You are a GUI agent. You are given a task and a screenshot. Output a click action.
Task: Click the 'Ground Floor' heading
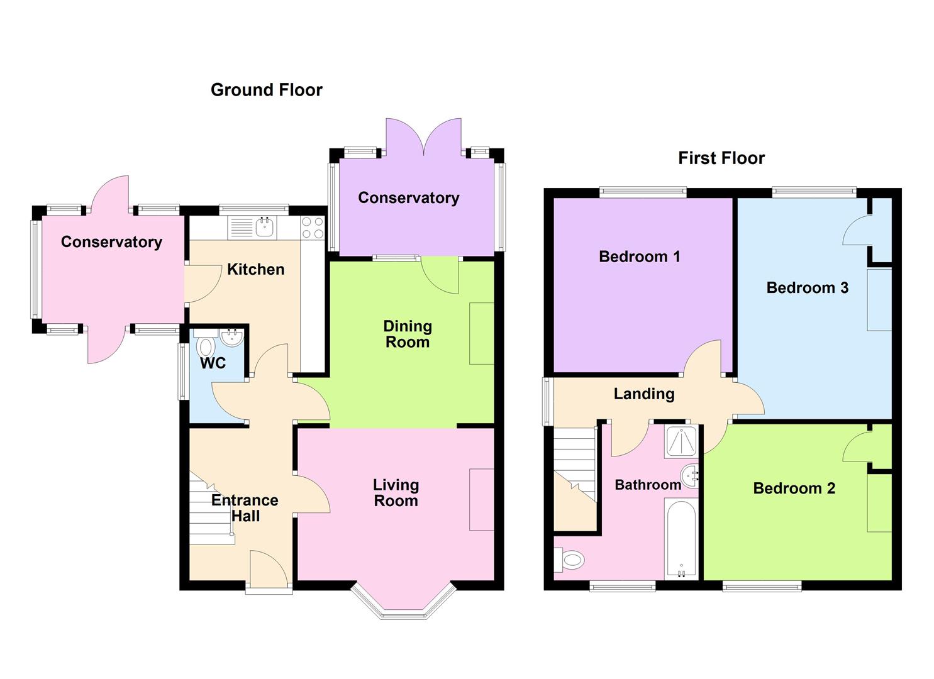[266, 90]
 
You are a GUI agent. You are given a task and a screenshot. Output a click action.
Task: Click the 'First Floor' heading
[721, 158]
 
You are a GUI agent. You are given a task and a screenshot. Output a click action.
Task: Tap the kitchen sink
[265, 227]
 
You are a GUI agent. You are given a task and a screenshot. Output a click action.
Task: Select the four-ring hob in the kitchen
[312, 228]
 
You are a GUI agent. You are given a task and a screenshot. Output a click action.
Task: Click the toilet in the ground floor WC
[204, 347]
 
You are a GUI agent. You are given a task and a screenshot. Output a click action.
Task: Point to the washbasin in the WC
[231, 338]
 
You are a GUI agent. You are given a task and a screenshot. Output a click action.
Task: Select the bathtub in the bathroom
[680, 538]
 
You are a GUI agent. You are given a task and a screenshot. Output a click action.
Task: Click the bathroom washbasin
[691, 476]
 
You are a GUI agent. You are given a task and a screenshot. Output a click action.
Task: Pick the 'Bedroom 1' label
[639, 257]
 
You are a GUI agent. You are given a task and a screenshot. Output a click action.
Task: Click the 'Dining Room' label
[408, 334]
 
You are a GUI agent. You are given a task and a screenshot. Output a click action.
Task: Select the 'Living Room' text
[396, 493]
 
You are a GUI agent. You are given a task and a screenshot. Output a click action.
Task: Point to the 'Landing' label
[643, 394]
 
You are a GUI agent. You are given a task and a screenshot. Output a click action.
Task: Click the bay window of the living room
[403, 602]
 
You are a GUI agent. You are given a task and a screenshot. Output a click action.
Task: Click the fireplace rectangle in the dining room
[482, 333]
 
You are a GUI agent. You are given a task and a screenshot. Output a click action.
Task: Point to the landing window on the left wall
[547, 401]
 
